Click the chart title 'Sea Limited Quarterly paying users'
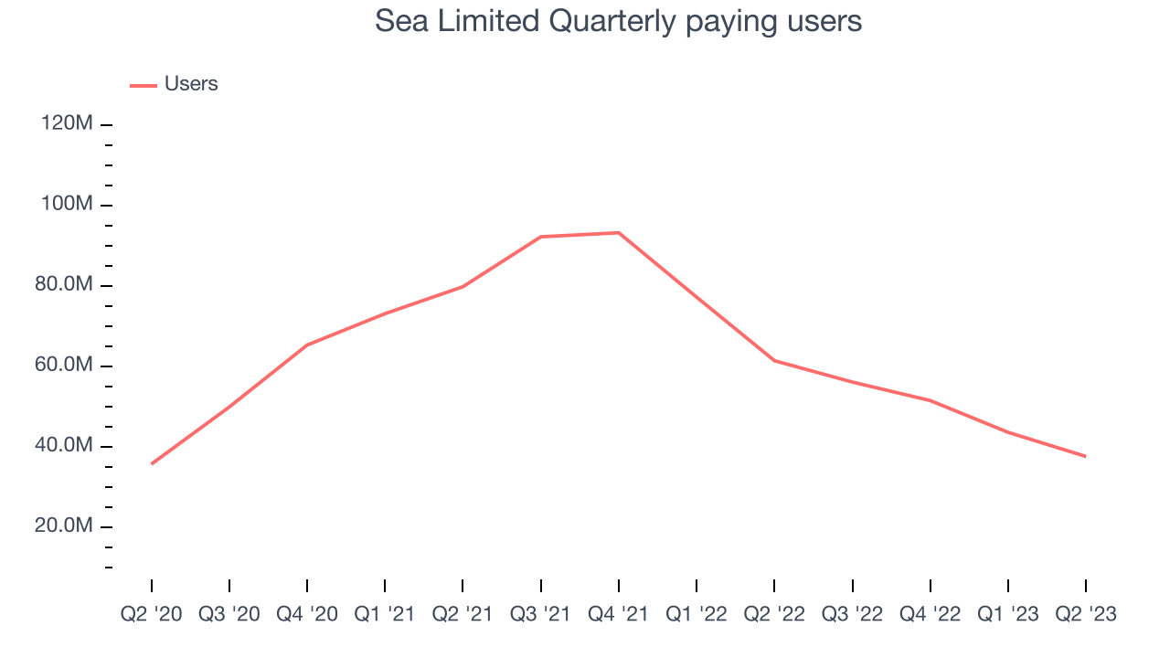[x=618, y=21]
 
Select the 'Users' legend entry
[x=190, y=84]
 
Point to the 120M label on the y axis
[x=67, y=123]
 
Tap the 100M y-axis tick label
[x=67, y=204]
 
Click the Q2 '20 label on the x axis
[x=152, y=613]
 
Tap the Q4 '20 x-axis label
[x=307, y=613]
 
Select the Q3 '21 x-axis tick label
[x=541, y=613]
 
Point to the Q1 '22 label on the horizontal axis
[x=697, y=613]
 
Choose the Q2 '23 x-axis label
[x=1086, y=613]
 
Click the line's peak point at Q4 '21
[x=619, y=233]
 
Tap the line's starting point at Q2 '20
[x=152, y=463]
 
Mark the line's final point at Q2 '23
[x=1085, y=456]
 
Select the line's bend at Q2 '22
[x=774, y=360]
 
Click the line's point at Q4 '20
[x=307, y=345]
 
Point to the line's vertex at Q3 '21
[x=541, y=237]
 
